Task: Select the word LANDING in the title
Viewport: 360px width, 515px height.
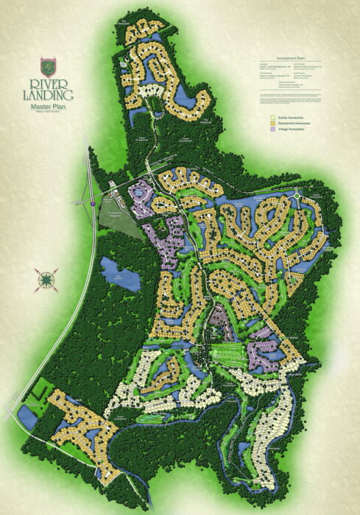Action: click(x=52, y=94)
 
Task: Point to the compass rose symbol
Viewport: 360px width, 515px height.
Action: click(x=45, y=279)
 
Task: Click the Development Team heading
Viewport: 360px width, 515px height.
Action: click(x=289, y=57)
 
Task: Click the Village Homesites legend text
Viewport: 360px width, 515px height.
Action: click(x=289, y=129)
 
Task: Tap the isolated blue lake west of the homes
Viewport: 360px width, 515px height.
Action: click(x=116, y=273)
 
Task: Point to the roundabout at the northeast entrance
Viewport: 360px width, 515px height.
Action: click(x=295, y=196)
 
